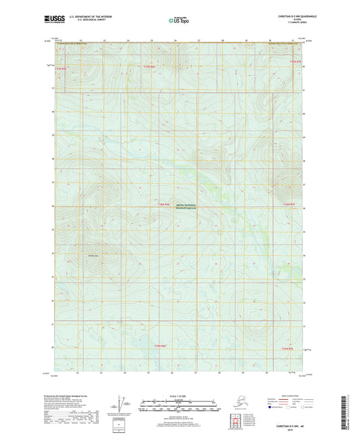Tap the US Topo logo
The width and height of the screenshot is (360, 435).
click(x=178, y=20)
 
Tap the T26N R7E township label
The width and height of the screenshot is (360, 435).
click(x=290, y=204)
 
